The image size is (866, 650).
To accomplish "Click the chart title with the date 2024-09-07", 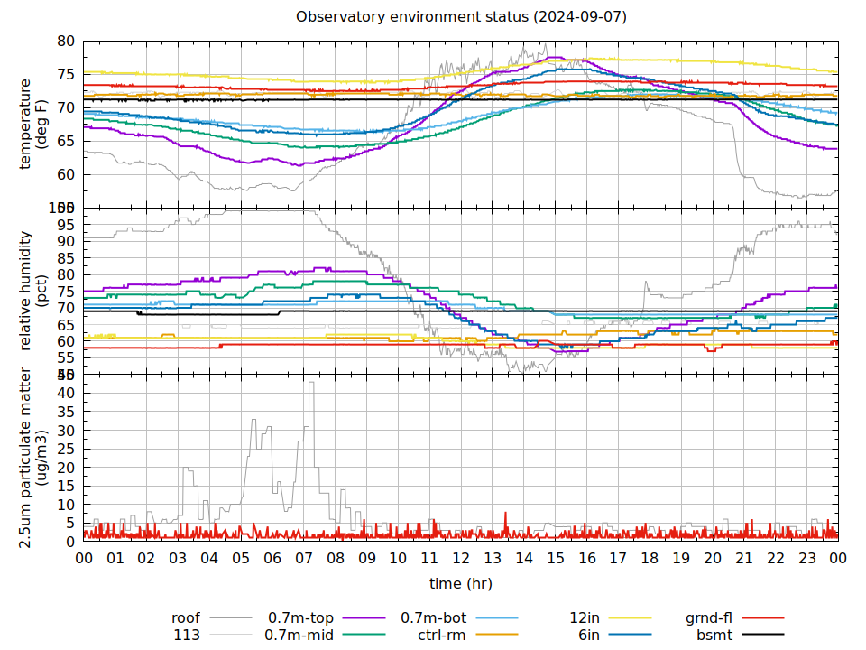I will tap(461, 17).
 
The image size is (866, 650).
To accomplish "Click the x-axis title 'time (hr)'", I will tap(461, 583).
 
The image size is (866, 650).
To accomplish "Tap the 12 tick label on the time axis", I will tap(461, 559).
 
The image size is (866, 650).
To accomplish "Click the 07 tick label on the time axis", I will tap(304, 559).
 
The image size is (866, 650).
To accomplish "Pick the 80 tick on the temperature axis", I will tap(66, 41).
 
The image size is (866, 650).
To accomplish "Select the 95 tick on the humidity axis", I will tap(66, 224).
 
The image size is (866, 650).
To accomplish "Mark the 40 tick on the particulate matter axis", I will tap(66, 393).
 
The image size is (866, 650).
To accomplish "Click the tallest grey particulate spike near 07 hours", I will tap(311, 384).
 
